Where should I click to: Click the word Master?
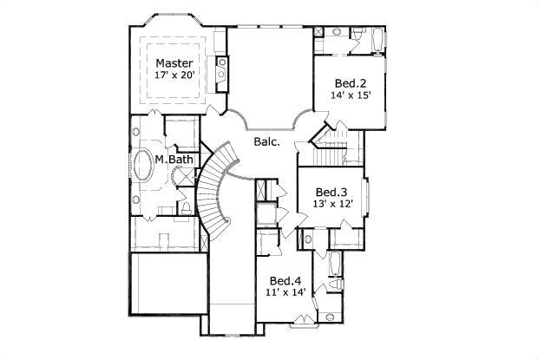point(174,63)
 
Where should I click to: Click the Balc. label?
point(266,141)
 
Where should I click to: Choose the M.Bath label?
point(174,160)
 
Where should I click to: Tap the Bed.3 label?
point(331,192)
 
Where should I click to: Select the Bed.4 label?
point(285,281)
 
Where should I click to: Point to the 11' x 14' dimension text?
point(285,294)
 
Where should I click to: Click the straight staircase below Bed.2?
point(330,147)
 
